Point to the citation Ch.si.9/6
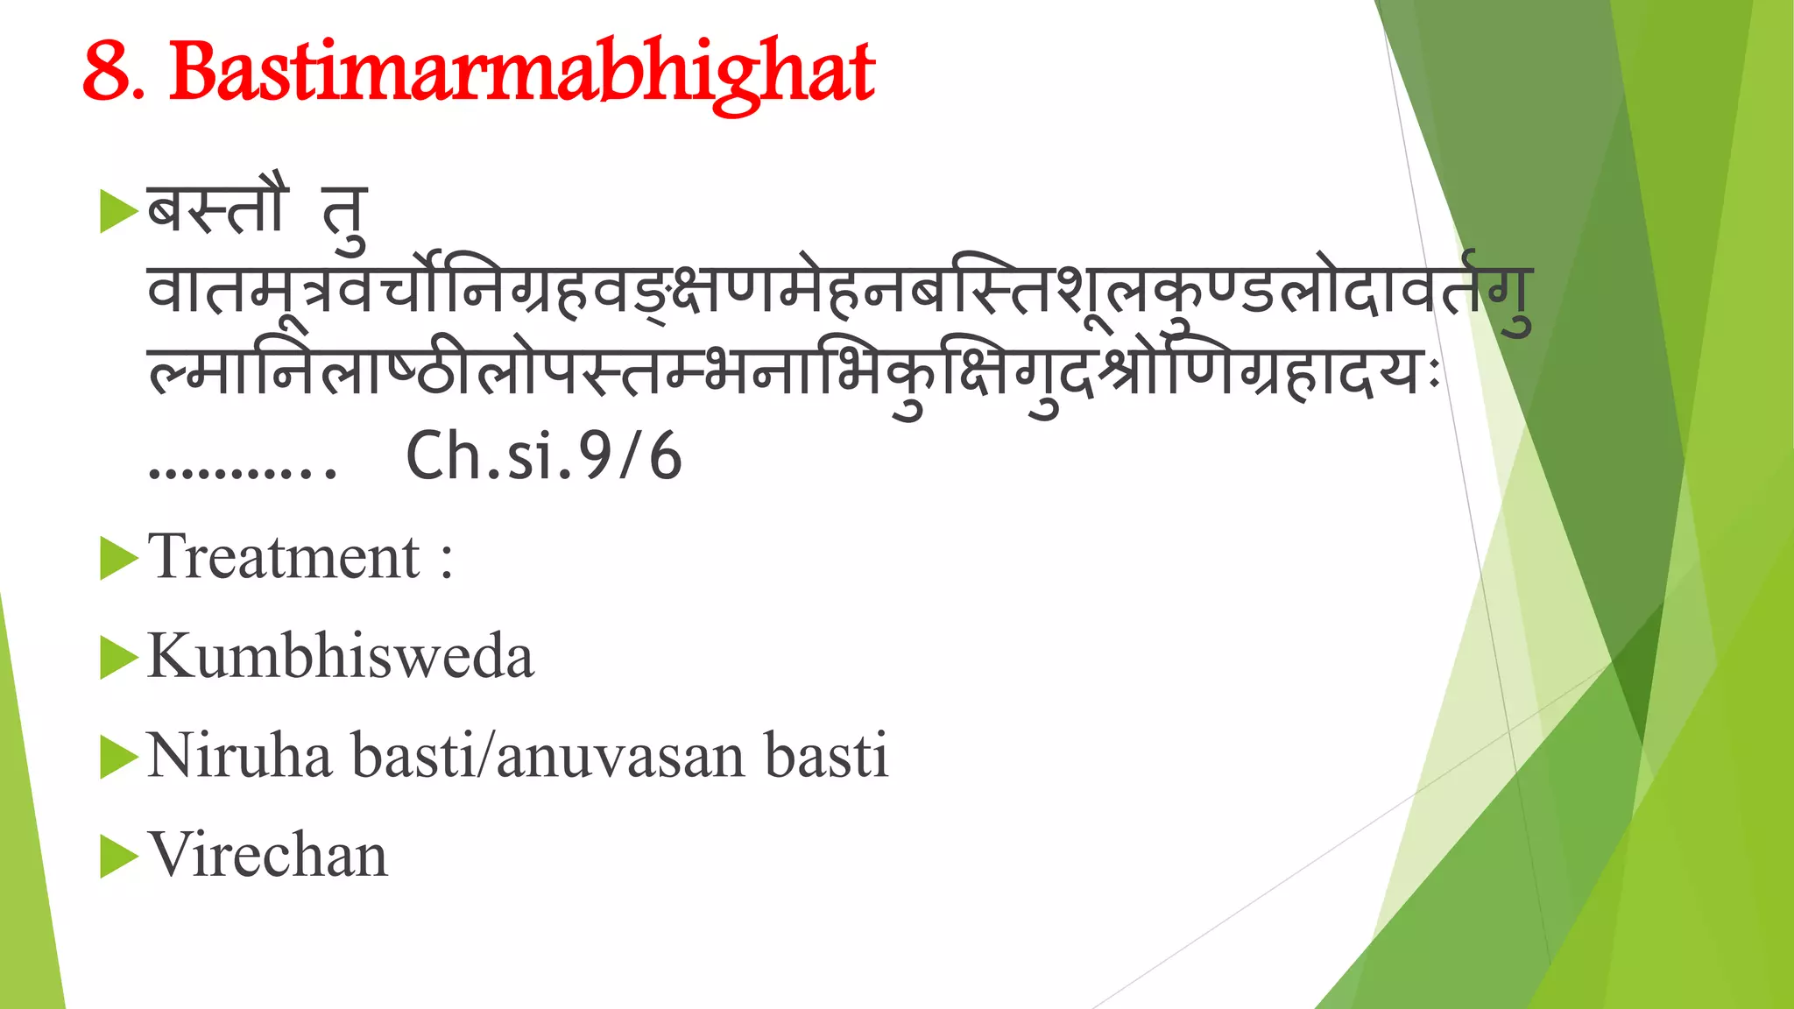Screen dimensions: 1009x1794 544,456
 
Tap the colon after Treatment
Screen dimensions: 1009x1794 447,561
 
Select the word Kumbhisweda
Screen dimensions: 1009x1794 341,656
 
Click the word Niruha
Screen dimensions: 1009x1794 239,755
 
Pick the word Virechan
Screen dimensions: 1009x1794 267,855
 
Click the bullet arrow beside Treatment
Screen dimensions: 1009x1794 119,559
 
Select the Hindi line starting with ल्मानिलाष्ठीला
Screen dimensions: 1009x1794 788,377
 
